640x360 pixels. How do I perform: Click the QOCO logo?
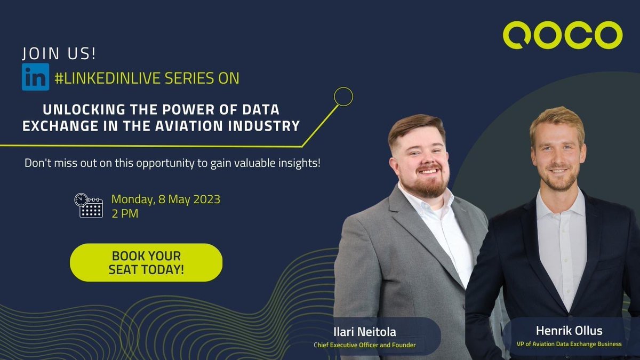click(562, 36)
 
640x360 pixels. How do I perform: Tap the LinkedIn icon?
click(35, 77)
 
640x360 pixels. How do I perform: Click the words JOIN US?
click(59, 54)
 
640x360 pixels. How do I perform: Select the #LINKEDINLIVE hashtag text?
click(107, 78)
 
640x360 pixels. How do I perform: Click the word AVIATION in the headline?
click(208, 126)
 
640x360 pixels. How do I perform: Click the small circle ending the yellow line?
click(343, 97)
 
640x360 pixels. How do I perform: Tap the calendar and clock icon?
click(88, 205)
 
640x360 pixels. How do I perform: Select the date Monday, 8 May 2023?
click(165, 199)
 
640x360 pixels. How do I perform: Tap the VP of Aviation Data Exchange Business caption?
click(569, 344)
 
